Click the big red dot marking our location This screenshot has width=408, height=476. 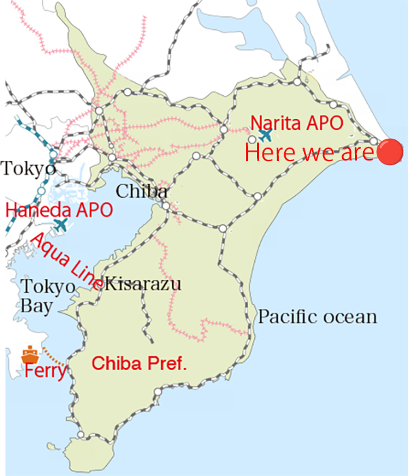390,151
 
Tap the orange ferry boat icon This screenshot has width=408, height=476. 29,354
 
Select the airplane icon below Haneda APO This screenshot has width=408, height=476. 61,224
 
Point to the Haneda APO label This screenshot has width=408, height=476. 58,209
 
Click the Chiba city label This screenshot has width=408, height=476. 141,192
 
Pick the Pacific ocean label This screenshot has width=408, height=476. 317,317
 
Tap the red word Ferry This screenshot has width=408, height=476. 45,373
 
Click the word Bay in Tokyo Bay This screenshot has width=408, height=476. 35,306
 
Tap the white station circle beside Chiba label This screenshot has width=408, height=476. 165,205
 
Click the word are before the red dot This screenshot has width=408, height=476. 354,153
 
